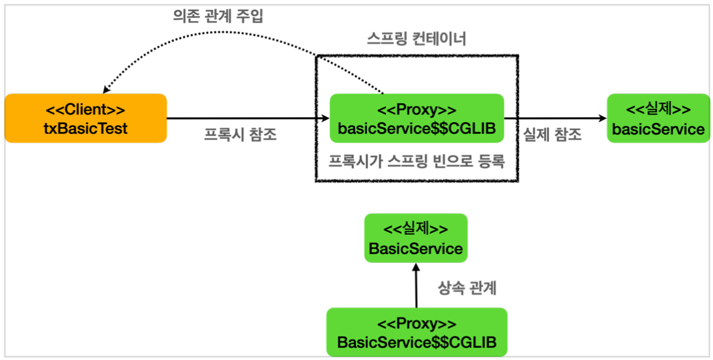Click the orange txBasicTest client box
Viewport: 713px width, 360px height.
pyautogui.click(x=85, y=118)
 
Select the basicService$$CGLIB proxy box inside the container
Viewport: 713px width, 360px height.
pyautogui.click(x=416, y=118)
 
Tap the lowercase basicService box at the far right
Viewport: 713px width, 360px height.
pyautogui.click(x=658, y=118)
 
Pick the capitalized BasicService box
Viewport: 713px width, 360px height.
pyautogui.click(x=416, y=237)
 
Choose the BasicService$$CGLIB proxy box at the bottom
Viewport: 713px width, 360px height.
pyautogui.click(x=416, y=332)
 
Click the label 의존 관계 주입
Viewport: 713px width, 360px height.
pyautogui.click(x=218, y=17)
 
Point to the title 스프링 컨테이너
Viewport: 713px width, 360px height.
pyautogui.click(x=416, y=39)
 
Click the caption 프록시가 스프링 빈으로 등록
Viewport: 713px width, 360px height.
pyautogui.click(x=416, y=161)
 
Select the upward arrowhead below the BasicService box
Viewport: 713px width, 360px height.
pyautogui.click(x=416, y=267)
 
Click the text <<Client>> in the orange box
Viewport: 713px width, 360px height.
pyautogui.click(x=85, y=110)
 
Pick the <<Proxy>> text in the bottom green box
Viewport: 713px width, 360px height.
pyautogui.click(x=416, y=324)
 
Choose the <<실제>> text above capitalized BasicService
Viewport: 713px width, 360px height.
pyautogui.click(x=416, y=229)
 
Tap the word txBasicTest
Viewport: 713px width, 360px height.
pyautogui.click(x=85, y=128)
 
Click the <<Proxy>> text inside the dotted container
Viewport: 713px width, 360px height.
pyautogui.click(x=416, y=110)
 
